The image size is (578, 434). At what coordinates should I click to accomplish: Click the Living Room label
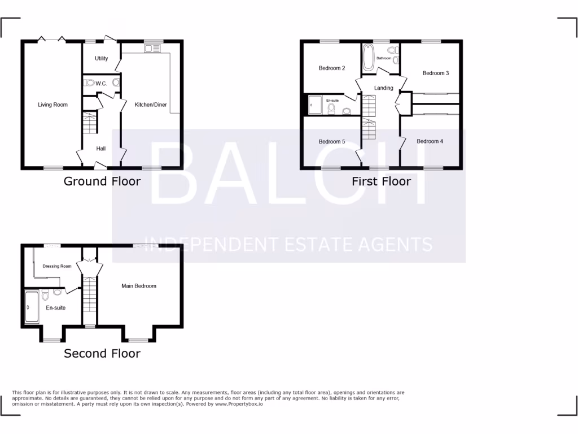coord(52,105)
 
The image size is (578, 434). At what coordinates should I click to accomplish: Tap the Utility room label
coord(102,59)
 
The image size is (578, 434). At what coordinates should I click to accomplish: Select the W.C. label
coord(101,84)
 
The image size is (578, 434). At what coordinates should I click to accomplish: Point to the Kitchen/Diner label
coord(151,105)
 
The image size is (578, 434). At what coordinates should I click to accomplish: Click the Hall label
coord(101,149)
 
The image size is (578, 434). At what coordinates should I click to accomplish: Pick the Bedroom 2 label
coord(332,68)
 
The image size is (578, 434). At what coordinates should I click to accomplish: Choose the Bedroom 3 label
coord(436,73)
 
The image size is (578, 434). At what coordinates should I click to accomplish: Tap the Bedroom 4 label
coord(430,141)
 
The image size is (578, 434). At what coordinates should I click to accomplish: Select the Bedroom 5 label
coord(332,142)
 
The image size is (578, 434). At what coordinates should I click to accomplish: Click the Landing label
coord(384,88)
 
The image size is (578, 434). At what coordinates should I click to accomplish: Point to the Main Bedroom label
coord(139,286)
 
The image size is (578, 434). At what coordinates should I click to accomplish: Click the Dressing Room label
coord(57,266)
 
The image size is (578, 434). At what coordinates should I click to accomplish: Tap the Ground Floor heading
coord(102,181)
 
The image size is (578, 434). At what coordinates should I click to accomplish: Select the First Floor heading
coord(381,181)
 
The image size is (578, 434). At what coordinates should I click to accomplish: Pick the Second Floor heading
coord(102,354)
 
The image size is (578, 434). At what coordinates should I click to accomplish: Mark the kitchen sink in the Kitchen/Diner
coord(152,49)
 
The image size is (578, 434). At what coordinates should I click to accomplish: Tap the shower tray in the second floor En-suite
coord(32,307)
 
